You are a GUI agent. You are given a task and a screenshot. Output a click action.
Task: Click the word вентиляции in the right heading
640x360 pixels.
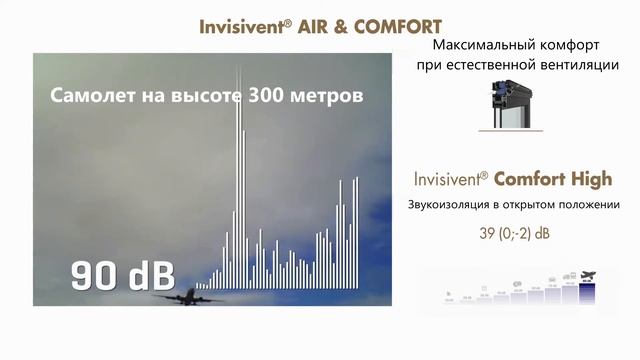click(572, 65)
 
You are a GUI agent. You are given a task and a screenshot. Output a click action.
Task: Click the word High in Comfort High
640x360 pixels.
click(589, 179)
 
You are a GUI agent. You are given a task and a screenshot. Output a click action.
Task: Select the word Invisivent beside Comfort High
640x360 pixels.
click(450, 180)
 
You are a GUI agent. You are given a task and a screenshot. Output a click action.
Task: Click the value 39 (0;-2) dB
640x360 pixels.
click(514, 234)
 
